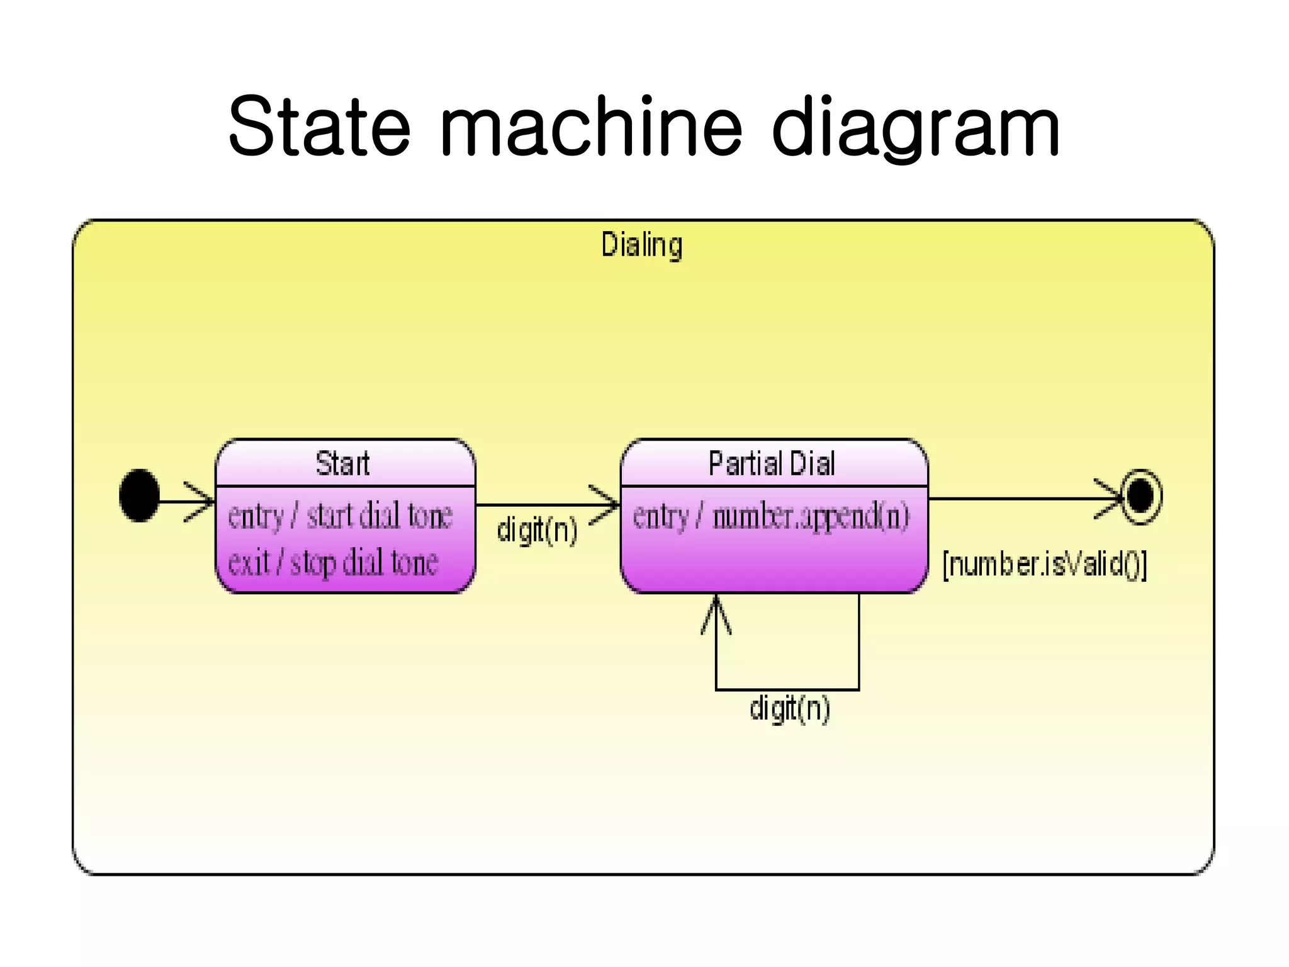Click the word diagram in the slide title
coord(916,129)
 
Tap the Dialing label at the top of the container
coord(641,245)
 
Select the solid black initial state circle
coord(139,495)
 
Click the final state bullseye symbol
coord(1140,497)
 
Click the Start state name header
coord(343,463)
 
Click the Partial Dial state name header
coord(772,463)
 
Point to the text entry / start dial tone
coord(340,516)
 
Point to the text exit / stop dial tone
coord(332,562)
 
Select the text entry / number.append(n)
coord(771,516)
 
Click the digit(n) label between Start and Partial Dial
coord(537,529)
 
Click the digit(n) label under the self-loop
coord(790,709)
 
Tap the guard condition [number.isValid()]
coord(1045,563)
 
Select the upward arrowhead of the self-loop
coord(716,614)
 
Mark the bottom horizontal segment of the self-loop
coord(787,689)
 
